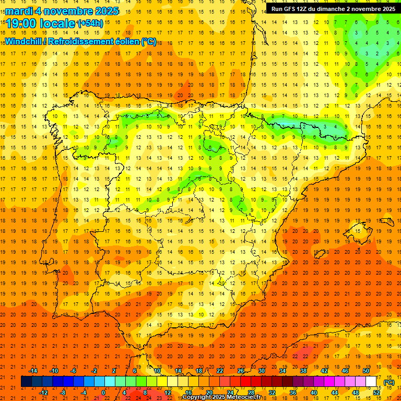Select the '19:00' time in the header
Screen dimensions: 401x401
tap(21, 23)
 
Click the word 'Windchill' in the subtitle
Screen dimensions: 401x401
tap(25, 42)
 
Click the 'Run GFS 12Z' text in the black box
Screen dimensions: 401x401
tap(290, 9)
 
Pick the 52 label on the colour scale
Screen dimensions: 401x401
tap(376, 393)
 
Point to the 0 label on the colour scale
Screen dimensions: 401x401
tap(103, 393)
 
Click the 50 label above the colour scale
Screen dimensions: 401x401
tap(366, 370)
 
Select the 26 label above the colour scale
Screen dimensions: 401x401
tap(241, 370)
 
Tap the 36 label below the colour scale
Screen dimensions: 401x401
tap(293, 393)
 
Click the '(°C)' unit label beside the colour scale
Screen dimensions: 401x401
tap(389, 382)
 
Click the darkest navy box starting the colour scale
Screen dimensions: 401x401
tap(26, 382)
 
